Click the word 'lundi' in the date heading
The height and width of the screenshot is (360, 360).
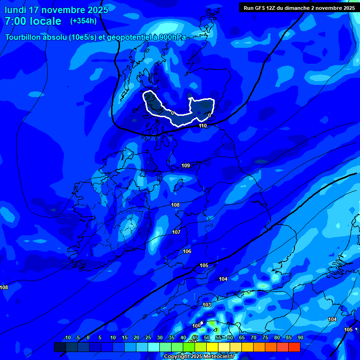click(15, 10)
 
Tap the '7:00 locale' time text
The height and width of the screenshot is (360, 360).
click(33, 21)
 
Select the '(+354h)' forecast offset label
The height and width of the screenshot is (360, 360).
click(83, 21)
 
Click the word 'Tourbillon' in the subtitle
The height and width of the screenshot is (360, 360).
click(26, 37)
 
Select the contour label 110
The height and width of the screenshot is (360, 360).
click(202, 126)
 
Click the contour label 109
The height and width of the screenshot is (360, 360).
click(186, 165)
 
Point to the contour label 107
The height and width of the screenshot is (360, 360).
click(176, 232)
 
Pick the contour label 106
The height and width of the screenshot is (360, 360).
click(187, 251)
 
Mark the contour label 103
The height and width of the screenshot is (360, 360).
click(207, 305)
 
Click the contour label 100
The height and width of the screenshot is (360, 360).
click(196, 326)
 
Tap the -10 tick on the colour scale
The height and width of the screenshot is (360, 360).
click(67, 337)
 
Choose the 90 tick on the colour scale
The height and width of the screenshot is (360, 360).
click(300, 337)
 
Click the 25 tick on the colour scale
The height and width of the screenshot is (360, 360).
click(148, 337)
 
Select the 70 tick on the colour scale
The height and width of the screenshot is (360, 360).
click(253, 337)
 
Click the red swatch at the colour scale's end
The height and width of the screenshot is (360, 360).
click(294, 347)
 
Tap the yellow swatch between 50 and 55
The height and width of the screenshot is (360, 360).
click(212, 347)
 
